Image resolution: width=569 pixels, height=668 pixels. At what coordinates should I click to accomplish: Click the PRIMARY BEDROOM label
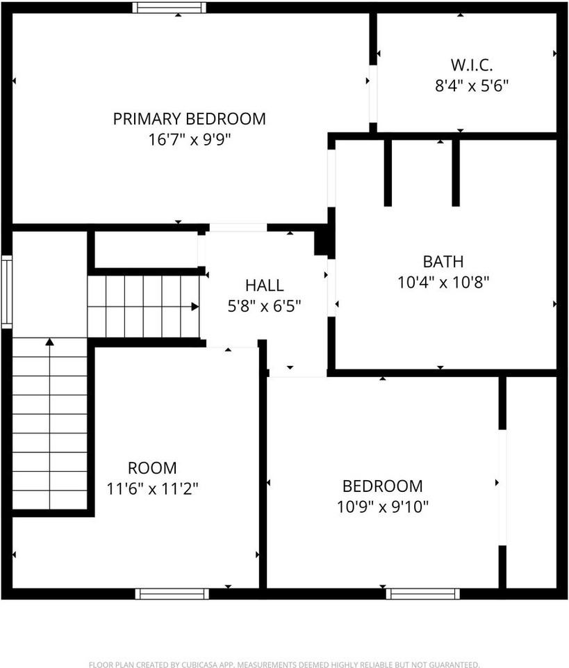189,118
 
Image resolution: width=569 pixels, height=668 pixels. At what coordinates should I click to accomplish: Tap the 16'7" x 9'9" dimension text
189,139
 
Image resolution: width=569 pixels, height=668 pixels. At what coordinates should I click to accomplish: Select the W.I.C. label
472,65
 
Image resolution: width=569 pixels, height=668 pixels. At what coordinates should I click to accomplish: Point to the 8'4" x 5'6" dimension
472,86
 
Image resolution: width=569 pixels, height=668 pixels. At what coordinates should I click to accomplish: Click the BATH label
443,262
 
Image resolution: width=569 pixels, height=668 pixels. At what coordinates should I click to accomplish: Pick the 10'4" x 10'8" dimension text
443,283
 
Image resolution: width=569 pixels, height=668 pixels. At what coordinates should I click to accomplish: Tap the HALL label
264,285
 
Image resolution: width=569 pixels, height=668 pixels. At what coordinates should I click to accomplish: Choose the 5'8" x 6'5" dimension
264,305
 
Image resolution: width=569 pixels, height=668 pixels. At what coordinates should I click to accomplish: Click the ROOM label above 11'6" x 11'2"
152,468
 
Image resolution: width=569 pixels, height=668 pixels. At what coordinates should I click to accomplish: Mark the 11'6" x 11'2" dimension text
152,489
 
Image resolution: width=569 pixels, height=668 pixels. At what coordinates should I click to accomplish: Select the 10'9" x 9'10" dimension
382,507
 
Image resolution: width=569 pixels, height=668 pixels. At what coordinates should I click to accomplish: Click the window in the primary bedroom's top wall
170,8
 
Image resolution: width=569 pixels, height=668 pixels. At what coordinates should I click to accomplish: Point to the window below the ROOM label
172,594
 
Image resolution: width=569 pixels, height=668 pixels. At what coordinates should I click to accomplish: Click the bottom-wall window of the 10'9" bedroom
422,594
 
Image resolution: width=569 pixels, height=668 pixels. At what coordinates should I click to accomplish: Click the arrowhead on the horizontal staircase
195,306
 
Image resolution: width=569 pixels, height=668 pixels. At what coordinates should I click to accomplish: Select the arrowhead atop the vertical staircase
49,342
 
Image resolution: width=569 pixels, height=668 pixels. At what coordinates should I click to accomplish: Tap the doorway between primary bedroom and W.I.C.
373,94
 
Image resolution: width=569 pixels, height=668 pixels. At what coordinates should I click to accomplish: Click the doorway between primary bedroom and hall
238,228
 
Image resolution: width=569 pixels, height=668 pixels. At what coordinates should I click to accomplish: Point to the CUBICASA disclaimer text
284,665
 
